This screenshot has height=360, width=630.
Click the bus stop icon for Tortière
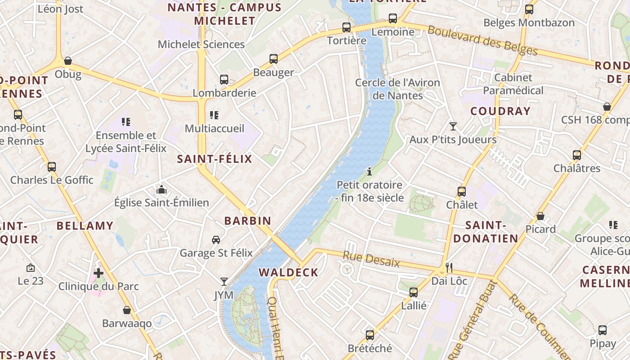click(x=346, y=27)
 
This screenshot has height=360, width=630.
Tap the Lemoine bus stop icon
click(x=393, y=18)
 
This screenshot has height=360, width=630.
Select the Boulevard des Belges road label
click(x=482, y=40)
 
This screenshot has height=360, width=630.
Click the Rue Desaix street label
click(x=371, y=260)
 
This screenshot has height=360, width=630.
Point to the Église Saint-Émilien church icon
click(x=162, y=189)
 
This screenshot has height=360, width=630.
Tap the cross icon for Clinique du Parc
click(x=99, y=273)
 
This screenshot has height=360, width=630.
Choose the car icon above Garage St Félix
click(x=216, y=239)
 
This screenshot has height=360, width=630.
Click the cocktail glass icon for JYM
click(x=224, y=282)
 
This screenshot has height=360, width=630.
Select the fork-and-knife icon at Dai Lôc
click(x=449, y=267)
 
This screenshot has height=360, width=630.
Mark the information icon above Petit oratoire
click(x=369, y=171)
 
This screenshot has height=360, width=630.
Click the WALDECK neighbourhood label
click(x=288, y=272)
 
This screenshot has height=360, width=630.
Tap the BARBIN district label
click(x=248, y=221)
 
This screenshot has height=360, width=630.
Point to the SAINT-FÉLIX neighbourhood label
click(x=215, y=159)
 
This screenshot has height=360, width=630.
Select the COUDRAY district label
click(x=500, y=111)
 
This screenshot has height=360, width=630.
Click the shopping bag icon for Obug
click(x=68, y=61)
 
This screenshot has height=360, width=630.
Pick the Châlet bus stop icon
click(x=461, y=191)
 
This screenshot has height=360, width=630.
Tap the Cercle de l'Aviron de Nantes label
click(x=397, y=89)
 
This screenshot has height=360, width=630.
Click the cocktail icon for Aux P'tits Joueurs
click(x=453, y=126)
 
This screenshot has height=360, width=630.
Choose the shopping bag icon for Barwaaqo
click(x=127, y=310)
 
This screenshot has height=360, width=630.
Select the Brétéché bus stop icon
click(x=369, y=335)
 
